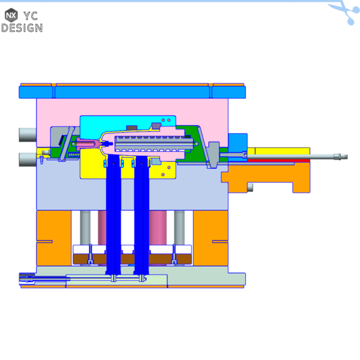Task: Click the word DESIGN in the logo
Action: [x=21, y=27]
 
